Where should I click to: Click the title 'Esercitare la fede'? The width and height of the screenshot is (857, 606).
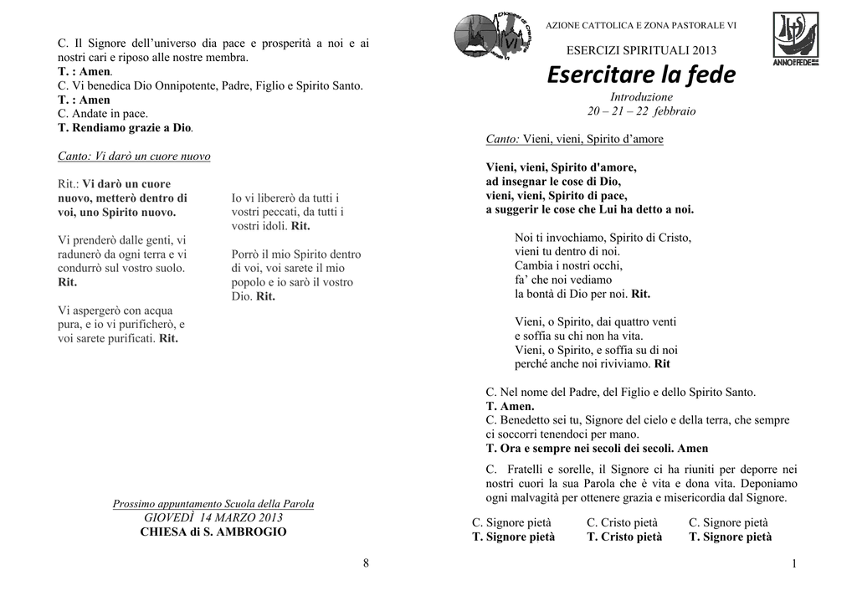click(641, 76)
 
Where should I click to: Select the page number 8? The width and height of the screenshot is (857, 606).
click(366, 562)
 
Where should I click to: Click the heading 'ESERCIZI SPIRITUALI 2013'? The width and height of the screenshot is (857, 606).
click(642, 51)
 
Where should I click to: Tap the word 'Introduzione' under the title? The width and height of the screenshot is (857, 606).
click(641, 97)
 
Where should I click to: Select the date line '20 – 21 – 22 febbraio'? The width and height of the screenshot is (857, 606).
click(641, 110)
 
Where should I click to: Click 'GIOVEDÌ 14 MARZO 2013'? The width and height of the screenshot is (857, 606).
click(213, 517)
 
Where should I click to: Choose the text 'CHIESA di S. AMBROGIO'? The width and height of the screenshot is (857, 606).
click(213, 532)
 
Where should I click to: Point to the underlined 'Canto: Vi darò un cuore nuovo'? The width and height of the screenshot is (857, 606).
click(134, 157)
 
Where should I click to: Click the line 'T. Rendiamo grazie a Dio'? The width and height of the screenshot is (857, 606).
click(126, 127)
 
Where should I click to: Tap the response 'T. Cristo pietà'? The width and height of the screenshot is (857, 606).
click(624, 537)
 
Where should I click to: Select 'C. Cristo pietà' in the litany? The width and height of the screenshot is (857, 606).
click(622, 523)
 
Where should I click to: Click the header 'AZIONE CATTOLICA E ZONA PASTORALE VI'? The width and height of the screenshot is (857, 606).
click(641, 26)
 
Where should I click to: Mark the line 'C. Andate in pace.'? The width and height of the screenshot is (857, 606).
click(102, 114)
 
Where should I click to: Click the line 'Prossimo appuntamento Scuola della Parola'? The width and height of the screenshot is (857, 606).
click(213, 504)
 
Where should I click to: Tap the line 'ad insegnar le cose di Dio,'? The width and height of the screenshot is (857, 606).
click(553, 181)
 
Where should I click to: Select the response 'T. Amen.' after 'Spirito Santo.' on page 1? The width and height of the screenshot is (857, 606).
click(510, 406)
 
